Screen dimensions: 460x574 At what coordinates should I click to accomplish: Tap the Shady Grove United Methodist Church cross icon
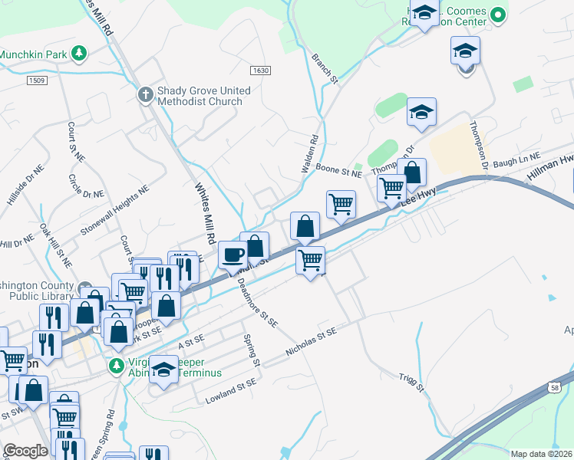click(x=144, y=95)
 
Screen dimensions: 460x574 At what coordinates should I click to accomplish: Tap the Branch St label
click(x=325, y=67)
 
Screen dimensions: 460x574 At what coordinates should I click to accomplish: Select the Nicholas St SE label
click(x=312, y=343)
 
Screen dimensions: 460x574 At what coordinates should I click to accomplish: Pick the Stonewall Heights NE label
click(x=115, y=214)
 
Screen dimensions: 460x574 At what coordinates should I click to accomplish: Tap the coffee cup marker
click(x=233, y=255)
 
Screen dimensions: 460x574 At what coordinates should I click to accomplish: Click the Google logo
click(x=25, y=451)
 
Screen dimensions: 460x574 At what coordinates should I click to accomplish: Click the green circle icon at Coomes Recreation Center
click(x=498, y=14)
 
